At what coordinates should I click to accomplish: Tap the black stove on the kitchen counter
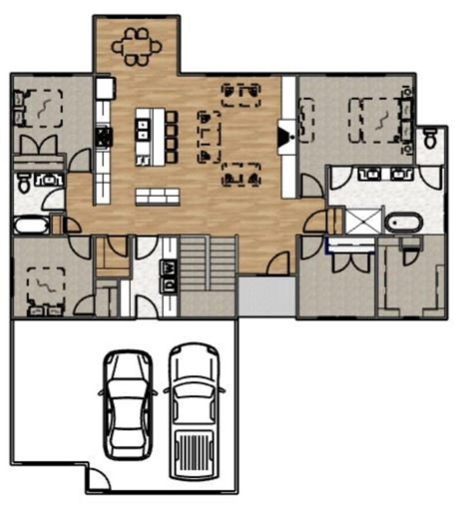[x=104, y=137]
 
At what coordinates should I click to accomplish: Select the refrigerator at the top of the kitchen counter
[x=104, y=88]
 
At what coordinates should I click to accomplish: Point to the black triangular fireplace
[x=285, y=137]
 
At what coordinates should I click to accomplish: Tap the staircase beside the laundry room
[x=208, y=264]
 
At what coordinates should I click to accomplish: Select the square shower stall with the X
[x=362, y=221]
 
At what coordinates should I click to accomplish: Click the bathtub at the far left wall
[x=30, y=225]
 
